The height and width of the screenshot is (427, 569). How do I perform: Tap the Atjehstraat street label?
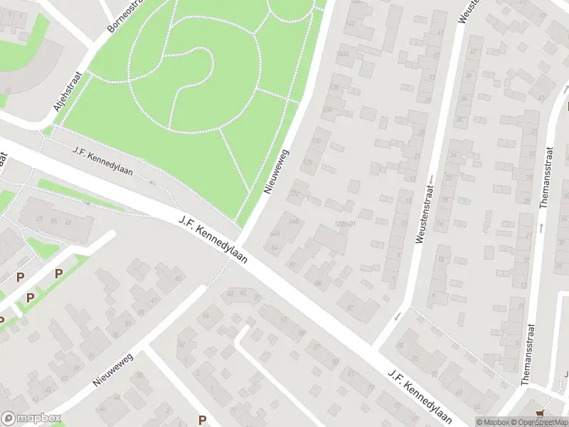tap(68, 92)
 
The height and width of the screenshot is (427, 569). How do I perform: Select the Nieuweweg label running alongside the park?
tap(277, 172)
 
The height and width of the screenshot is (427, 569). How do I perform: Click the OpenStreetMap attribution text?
tap(537, 422)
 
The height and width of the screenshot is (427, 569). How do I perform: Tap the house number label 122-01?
tap(344, 225)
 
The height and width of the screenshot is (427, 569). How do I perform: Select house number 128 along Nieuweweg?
tap(309, 163)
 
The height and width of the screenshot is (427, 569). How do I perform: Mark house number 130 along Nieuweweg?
tap(317, 141)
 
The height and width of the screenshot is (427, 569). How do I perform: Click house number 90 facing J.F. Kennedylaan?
tap(292, 265)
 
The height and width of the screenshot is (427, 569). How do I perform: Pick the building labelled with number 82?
tap(351, 307)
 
